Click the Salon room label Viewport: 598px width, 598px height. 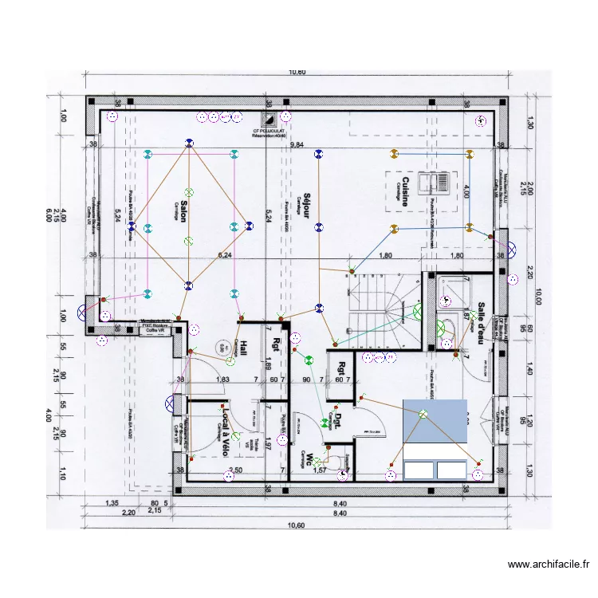coord(183,211)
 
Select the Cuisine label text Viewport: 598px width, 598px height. coord(406,191)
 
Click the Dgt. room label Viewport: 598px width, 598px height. coord(338,421)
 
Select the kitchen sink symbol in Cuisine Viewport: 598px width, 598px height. coord(439,183)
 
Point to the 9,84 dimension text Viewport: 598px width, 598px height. coord(297,145)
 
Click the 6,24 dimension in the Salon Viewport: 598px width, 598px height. coord(226,256)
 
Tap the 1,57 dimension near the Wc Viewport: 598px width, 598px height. coord(319,471)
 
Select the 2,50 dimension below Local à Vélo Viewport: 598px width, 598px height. coord(234,470)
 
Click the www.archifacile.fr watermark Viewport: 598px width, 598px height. coord(549,565)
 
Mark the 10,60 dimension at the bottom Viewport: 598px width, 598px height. coord(296,525)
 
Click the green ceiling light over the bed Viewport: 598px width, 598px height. coord(423,414)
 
